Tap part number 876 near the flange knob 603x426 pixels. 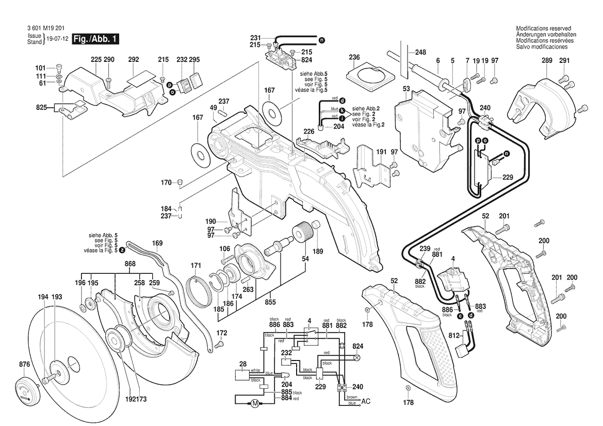24,365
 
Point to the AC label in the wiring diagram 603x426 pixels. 366,401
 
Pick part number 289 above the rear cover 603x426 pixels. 546,61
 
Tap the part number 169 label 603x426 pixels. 157,243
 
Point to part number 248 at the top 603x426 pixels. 420,52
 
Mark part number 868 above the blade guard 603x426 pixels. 130,264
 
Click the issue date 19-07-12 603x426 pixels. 58,39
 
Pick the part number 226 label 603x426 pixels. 308,132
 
